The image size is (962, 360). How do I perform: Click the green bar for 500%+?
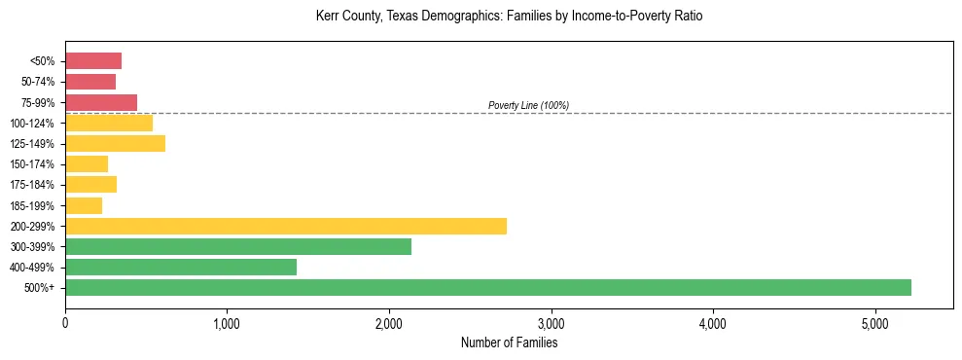tap(487, 287)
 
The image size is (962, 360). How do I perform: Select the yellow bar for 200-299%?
tap(285, 226)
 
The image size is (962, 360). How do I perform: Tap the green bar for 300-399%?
tap(237, 246)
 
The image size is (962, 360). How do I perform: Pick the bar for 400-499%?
tap(180, 267)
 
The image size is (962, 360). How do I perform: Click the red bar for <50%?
tap(92, 61)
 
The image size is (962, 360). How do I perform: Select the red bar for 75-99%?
tap(100, 102)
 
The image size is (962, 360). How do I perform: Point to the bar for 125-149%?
tap(115, 144)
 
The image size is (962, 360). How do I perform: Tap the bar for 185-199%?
tap(83, 205)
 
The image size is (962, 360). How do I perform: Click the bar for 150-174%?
tap(86, 164)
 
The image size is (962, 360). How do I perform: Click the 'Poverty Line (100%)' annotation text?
tap(528, 105)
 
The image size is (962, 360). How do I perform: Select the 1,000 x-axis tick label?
tap(227, 323)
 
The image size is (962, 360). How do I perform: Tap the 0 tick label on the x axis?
tap(65, 323)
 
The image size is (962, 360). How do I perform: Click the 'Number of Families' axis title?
tap(509, 342)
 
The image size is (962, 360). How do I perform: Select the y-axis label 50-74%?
tap(38, 82)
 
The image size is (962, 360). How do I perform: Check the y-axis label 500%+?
tap(41, 288)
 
